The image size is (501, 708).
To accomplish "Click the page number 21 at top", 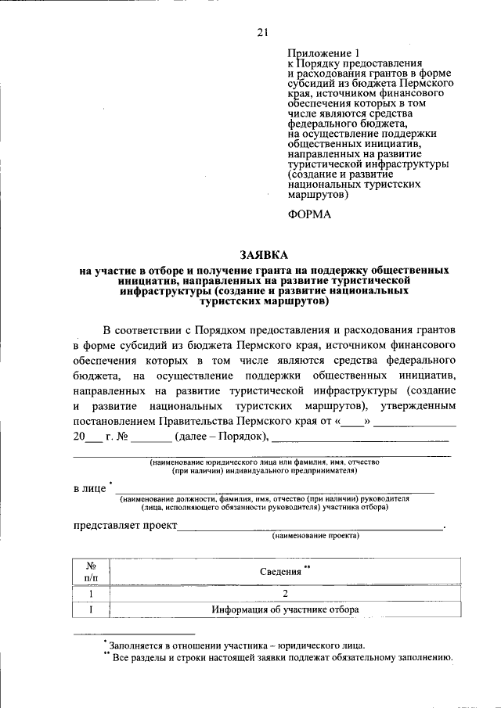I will [x=262, y=32].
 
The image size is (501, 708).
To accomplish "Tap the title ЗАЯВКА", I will [x=263, y=255].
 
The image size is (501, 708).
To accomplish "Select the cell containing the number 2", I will [x=286, y=593].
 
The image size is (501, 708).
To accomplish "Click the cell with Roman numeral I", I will [x=91, y=610].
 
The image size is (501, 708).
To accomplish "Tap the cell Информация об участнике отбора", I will [x=286, y=610].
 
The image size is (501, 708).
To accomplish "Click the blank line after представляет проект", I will [x=310, y=527].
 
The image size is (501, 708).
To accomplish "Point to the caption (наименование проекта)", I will [x=315, y=537].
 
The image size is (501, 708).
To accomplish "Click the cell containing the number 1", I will [x=91, y=593].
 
